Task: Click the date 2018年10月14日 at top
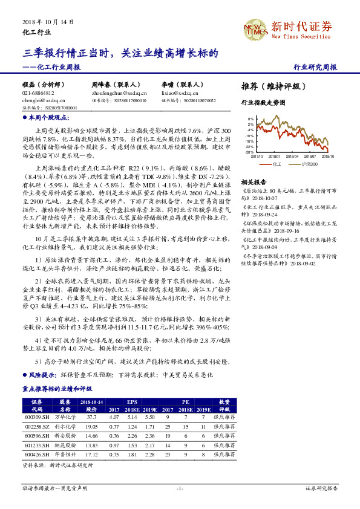[x=48, y=21]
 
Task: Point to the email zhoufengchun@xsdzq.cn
[x=116, y=94]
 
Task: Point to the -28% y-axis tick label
[x=249, y=152]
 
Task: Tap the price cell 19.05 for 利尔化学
[x=92, y=426]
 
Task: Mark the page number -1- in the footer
[x=180, y=487]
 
